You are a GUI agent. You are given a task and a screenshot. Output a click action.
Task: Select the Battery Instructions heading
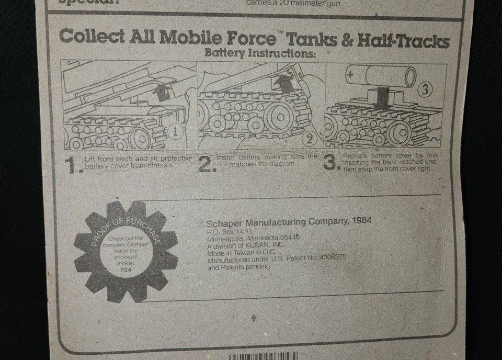click(260, 53)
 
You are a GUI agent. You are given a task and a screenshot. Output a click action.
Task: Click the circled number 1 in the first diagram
click(177, 132)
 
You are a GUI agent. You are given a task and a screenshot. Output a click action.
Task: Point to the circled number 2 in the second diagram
click(310, 139)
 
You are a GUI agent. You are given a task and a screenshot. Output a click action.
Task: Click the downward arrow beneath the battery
click(383, 98)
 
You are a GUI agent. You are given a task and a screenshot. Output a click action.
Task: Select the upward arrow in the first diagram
click(163, 93)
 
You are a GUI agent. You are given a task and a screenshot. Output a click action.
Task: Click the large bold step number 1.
click(72, 166)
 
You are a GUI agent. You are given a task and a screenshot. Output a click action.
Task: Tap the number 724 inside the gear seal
click(126, 271)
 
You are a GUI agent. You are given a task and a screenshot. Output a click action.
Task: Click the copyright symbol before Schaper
click(201, 223)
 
